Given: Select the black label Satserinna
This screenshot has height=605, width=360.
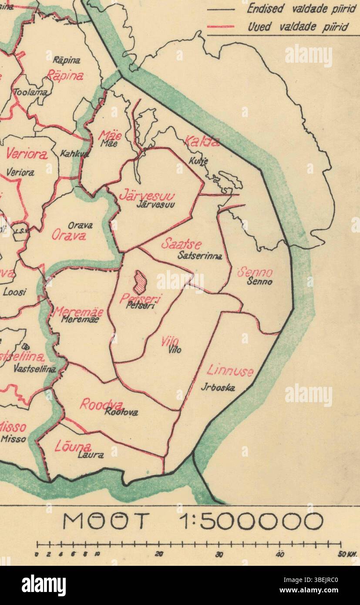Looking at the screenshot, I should point(200,256).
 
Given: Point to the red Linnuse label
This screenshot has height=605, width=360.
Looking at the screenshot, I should point(230,371).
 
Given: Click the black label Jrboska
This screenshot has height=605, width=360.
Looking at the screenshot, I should point(218,387).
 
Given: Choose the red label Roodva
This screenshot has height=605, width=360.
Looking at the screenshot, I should point(101,404).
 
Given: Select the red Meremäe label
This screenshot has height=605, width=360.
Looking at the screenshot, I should point(78,312).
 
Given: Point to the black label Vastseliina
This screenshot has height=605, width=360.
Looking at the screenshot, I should point(35,369).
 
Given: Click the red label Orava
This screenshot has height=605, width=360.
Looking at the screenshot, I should point(69,235).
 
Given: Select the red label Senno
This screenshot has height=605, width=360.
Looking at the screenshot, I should point(255,273).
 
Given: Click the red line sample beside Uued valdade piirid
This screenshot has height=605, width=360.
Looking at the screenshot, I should point(220,27).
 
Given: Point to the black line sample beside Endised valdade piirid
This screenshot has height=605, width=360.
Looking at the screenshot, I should point(220,9).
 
